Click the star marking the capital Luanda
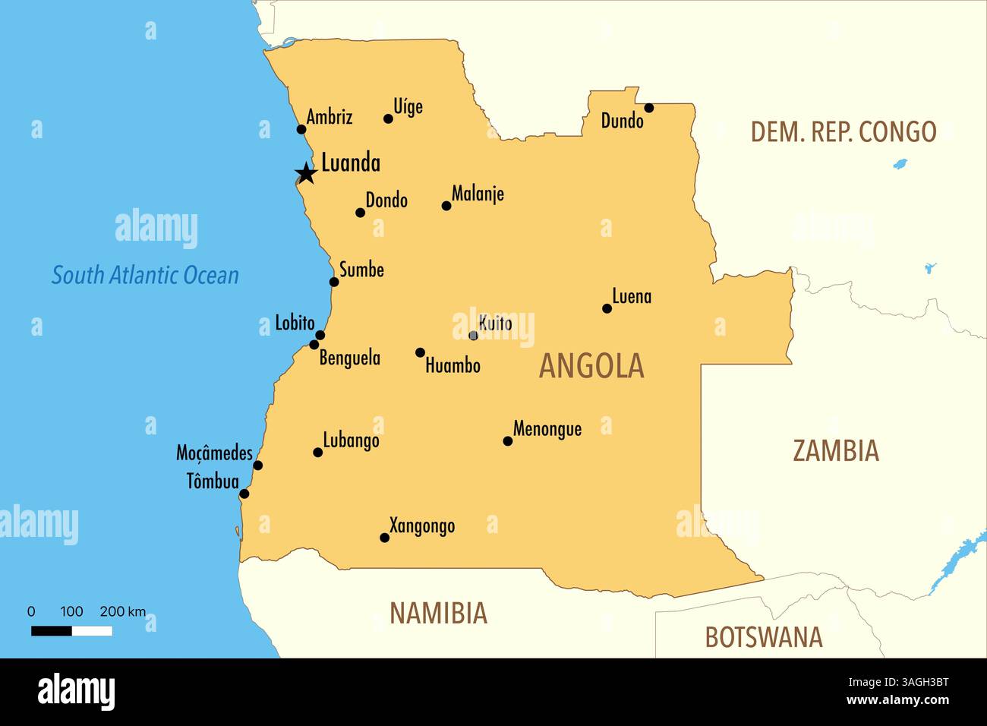point(306,174)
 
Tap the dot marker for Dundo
point(648,108)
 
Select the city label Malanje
point(478,194)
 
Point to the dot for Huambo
point(420,352)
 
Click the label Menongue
point(547,429)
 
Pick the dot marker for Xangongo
point(384,538)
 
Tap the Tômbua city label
point(213,481)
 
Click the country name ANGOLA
point(591,366)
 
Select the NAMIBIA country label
point(438,613)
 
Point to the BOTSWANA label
point(763,637)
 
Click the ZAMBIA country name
point(836,450)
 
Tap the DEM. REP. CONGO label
point(843,131)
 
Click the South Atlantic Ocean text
point(145,275)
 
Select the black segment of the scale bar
point(52,631)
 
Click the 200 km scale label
point(123,611)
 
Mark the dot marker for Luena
point(607,308)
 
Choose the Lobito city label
point(295,323)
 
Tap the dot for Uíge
point(388,118)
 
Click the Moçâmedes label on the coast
point(214,453)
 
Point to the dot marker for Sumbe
point(334,282)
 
